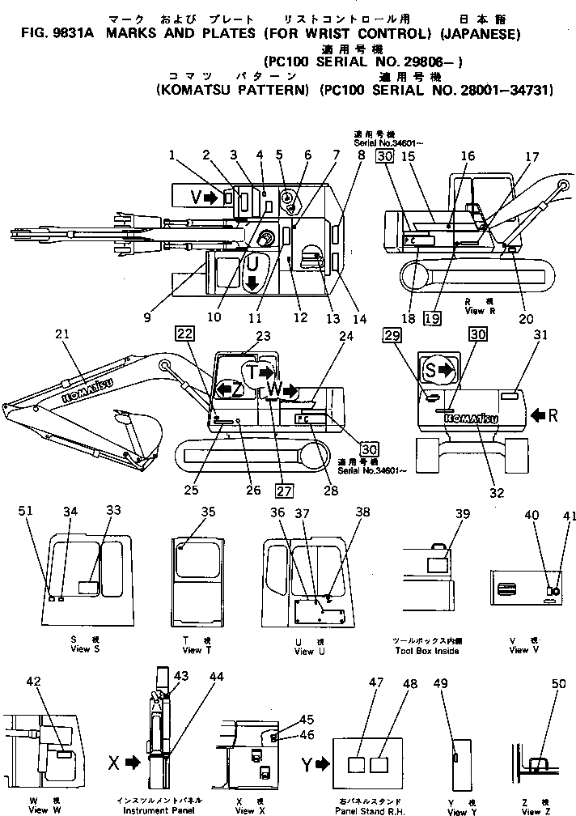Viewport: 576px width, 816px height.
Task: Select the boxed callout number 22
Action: [185, 333]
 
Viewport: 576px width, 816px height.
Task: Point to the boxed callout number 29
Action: [392, 334]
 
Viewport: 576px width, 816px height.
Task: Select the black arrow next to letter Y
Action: [323, 763]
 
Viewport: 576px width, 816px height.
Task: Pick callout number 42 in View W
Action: [34, 682]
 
